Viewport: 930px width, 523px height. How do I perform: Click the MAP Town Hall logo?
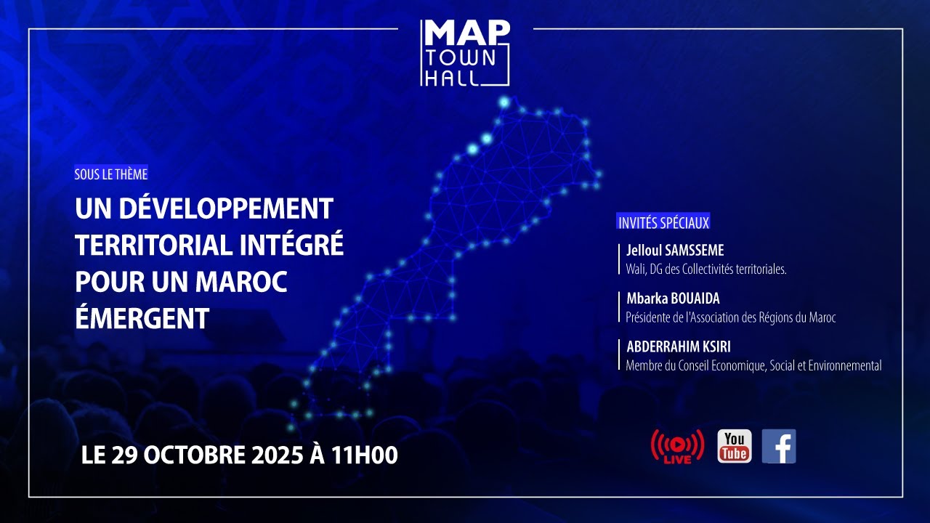coord(465,53)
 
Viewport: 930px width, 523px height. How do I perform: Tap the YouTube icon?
coord(734,446)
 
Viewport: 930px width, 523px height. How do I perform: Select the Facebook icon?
coord(779,446)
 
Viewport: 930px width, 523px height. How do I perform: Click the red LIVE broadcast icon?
coord(677,446)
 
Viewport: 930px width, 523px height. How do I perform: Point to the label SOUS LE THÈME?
coord(111,174)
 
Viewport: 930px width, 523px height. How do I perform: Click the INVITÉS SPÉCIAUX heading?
coord(663,223)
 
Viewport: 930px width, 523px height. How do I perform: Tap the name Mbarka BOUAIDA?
coord(673,299)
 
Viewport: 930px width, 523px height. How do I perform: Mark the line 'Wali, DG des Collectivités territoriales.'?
coord(706,269)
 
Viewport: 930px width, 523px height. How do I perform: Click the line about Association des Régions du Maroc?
coord(731,317)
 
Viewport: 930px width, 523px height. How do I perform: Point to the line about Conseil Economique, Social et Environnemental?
coord(753,365)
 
